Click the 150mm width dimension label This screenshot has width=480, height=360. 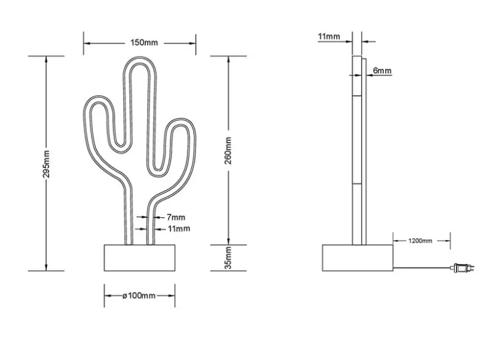click(x=144, y=42)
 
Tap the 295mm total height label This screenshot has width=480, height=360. click(x=46, y=164)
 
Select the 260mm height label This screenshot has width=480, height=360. click(x=228, y=151)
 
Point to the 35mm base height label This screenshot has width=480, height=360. click(x=228, y=258)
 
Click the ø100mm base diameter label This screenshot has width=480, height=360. click(x=139, y=296)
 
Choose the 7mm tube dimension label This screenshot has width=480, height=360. click(x=176, y=217)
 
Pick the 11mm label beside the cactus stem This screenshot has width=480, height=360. click(x=179, y=229)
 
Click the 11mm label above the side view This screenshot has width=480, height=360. click(x=329, y=36)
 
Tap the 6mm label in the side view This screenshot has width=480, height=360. click(x=382, y=71)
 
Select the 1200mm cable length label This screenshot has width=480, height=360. click(x=420, y=241)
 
